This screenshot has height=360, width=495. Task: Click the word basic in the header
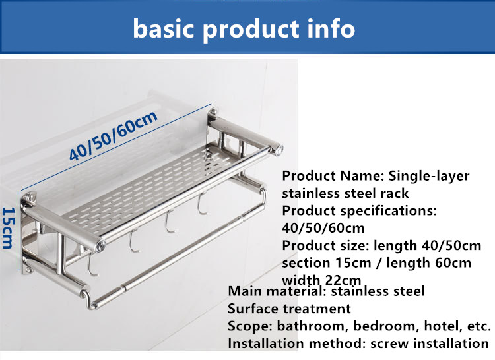[163, 29]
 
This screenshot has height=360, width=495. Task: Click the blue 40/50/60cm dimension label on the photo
[114, 135]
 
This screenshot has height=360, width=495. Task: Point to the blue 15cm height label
[9, 228]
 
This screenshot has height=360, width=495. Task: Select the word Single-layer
[429, 176]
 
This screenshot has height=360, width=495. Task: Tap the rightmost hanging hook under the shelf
[201, 204]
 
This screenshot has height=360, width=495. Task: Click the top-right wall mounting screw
[213, 111]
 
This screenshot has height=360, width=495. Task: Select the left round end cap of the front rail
[100, 245]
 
